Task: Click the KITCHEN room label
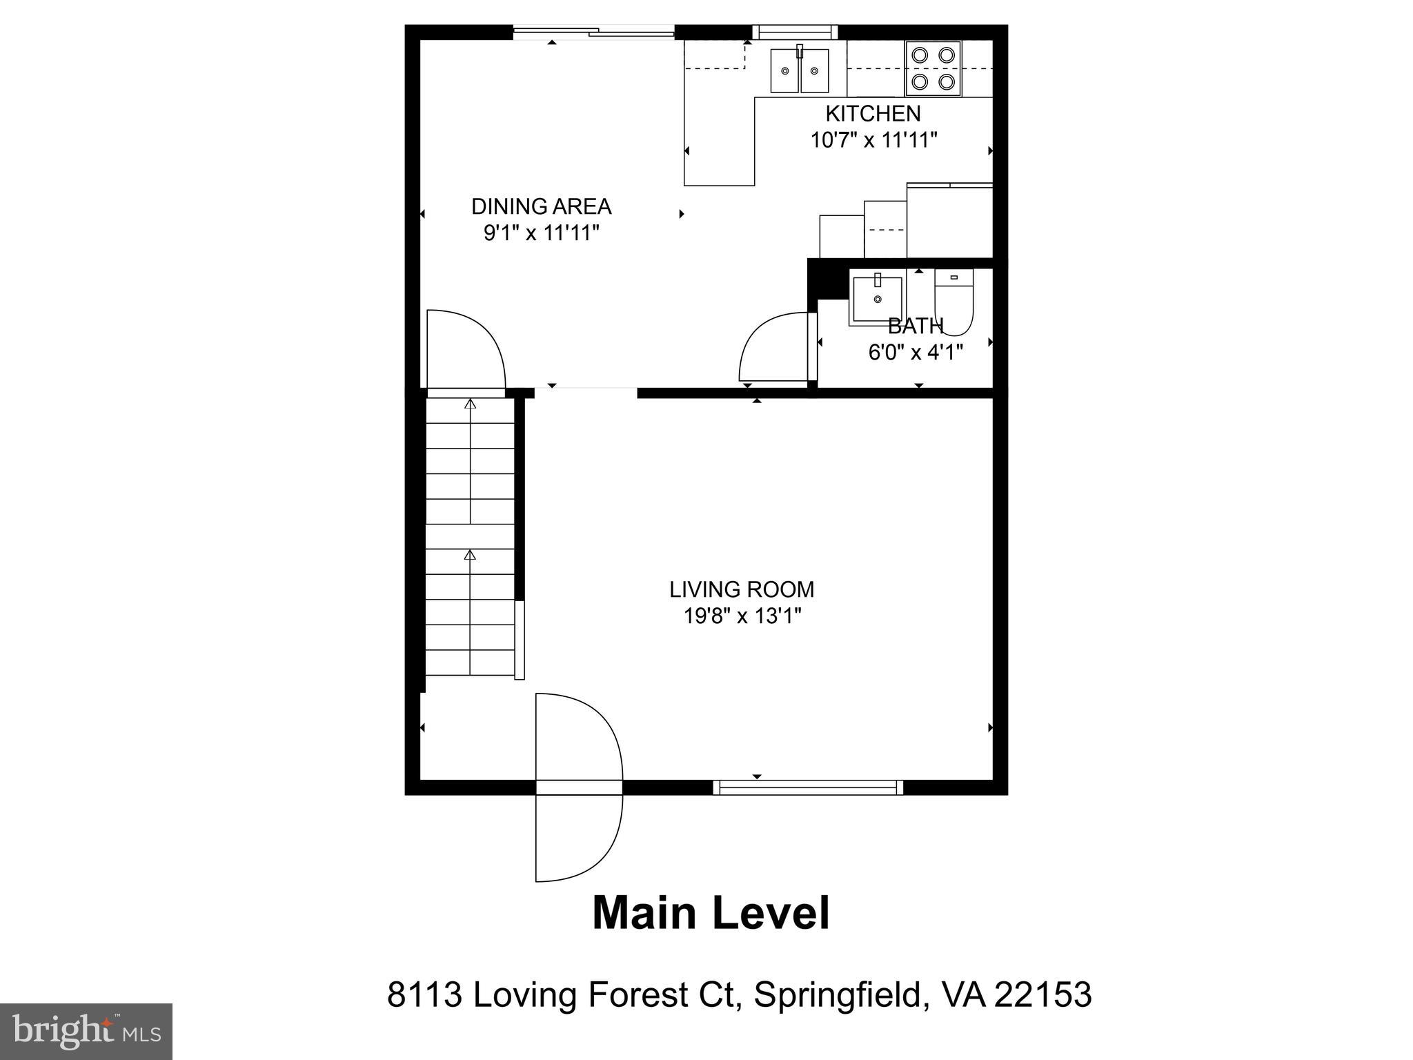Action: pyautogui.click(x=873, y=113)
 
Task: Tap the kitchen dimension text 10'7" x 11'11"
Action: pyautogui.click(x=873, y=140)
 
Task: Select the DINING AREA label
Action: pyautogui.click(x=541, y=206)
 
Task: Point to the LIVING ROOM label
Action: pyautogui.click(x=742, y=589)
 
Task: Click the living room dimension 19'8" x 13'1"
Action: pyautogui.click(x=742, y=616)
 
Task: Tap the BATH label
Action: pyautogui.click(x=915, y=326)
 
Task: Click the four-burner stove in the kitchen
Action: pyautogui.click(x=933, y=68)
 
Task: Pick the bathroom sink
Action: pyautogui.click(x=877, y=299)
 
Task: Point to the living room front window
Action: pyautogui.click(x=807, y=787)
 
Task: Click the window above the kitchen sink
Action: pyautogui.click(x=794, y=32)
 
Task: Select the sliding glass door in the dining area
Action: pyautogui.click(x=593, y=31)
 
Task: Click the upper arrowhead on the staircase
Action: pyautogui.click(x=471, y=404)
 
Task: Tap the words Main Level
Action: pyautogui.click(x=711, y=913)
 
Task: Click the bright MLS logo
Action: pyautogui.click(x=86, y=1031)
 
